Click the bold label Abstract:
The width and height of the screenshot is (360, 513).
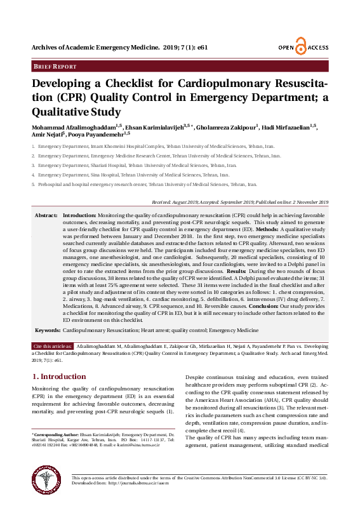coord(46,216)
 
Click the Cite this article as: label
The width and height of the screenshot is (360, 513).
coord(53,345)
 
